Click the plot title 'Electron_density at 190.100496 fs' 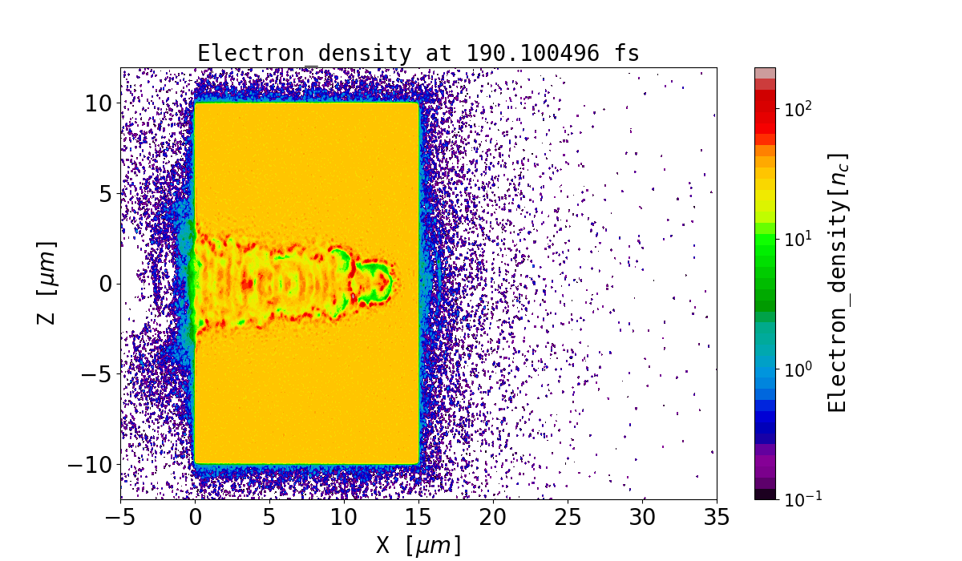coord(418,54)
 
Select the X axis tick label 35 coord(717,517)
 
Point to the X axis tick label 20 coord(493,517)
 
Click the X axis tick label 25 coord(568,517)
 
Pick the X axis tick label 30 coord(642,517)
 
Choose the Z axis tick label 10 coord(99,103)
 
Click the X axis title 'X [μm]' coord(418,545)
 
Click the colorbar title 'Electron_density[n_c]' coord(838,283)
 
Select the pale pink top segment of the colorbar coord(765,73)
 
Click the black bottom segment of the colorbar coord(765,494)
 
